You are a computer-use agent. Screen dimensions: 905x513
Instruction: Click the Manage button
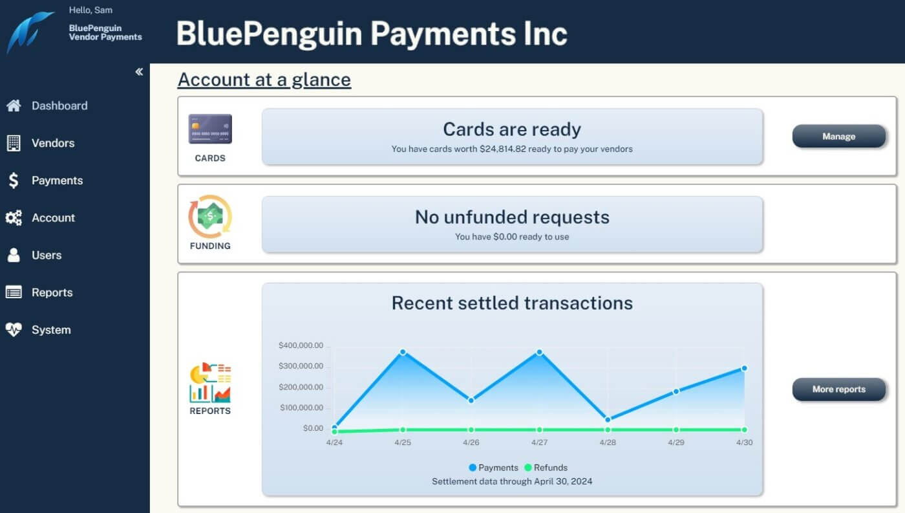click(839, 136)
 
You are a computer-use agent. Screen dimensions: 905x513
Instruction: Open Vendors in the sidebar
click(53, 143)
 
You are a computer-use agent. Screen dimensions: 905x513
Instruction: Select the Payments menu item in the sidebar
click(57, 180)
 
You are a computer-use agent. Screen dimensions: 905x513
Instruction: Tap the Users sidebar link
click(47, 255)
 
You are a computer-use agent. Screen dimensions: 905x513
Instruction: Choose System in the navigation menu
click(51, 330)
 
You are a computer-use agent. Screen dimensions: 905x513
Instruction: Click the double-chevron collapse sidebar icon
click(139, 72)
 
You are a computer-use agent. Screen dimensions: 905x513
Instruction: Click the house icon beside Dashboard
click(14, 105)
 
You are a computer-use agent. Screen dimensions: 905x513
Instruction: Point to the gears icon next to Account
click(14, 218)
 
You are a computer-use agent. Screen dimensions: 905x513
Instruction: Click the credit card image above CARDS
click(210, 129)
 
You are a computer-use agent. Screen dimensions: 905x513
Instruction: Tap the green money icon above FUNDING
click(210, 217)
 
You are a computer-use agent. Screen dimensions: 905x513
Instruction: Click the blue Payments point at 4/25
click(403, 352)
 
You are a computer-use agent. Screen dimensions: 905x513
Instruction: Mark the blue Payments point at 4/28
click(608, 420)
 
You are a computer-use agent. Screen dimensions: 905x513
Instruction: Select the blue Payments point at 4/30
click(744, 368)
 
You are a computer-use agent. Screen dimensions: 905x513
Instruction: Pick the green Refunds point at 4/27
click(539, 430)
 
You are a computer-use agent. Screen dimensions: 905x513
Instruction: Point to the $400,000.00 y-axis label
click(301, 345)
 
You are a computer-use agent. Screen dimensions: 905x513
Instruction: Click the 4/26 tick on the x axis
click(471, 442)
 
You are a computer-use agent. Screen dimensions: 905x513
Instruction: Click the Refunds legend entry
click(546, 468)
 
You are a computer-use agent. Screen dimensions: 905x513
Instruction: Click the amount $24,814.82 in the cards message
click(503, 149)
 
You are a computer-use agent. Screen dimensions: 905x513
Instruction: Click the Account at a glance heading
click(264, 80)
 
